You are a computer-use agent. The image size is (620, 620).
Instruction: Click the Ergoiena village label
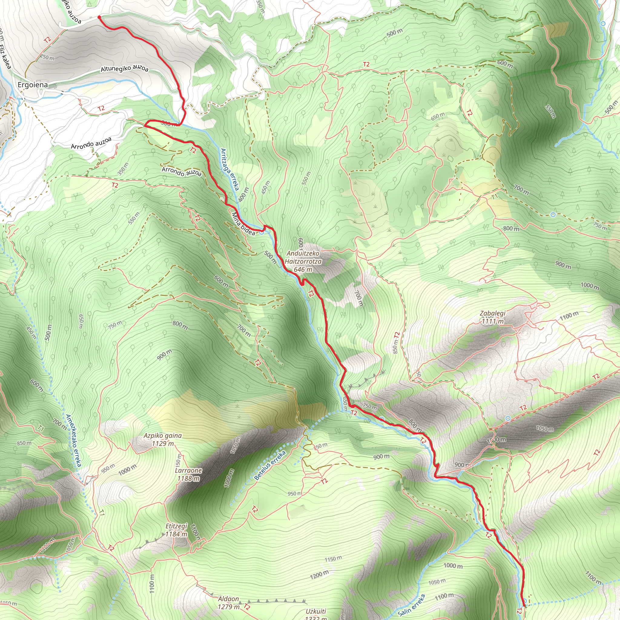(32, 85)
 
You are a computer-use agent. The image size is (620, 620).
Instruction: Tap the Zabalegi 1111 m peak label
(493, 317)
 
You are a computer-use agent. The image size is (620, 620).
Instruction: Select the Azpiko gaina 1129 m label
(163, 439)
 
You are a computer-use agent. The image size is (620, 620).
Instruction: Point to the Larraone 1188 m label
(188, 474)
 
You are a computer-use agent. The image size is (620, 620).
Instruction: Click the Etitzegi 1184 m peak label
(176, 530)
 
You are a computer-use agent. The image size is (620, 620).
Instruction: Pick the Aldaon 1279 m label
(229, 603)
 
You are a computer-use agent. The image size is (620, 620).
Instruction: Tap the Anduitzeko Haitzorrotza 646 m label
(303, 261)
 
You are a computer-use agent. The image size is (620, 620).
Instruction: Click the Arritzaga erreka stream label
(230, 169)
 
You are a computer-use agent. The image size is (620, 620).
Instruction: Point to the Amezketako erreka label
(74, 440)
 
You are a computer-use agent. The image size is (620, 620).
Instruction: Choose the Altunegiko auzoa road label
(124, 69)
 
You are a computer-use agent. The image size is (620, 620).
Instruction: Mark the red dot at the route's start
(99, 17)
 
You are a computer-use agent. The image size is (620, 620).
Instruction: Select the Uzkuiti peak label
(316, 611)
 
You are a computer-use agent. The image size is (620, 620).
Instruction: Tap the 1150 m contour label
(333, 559)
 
